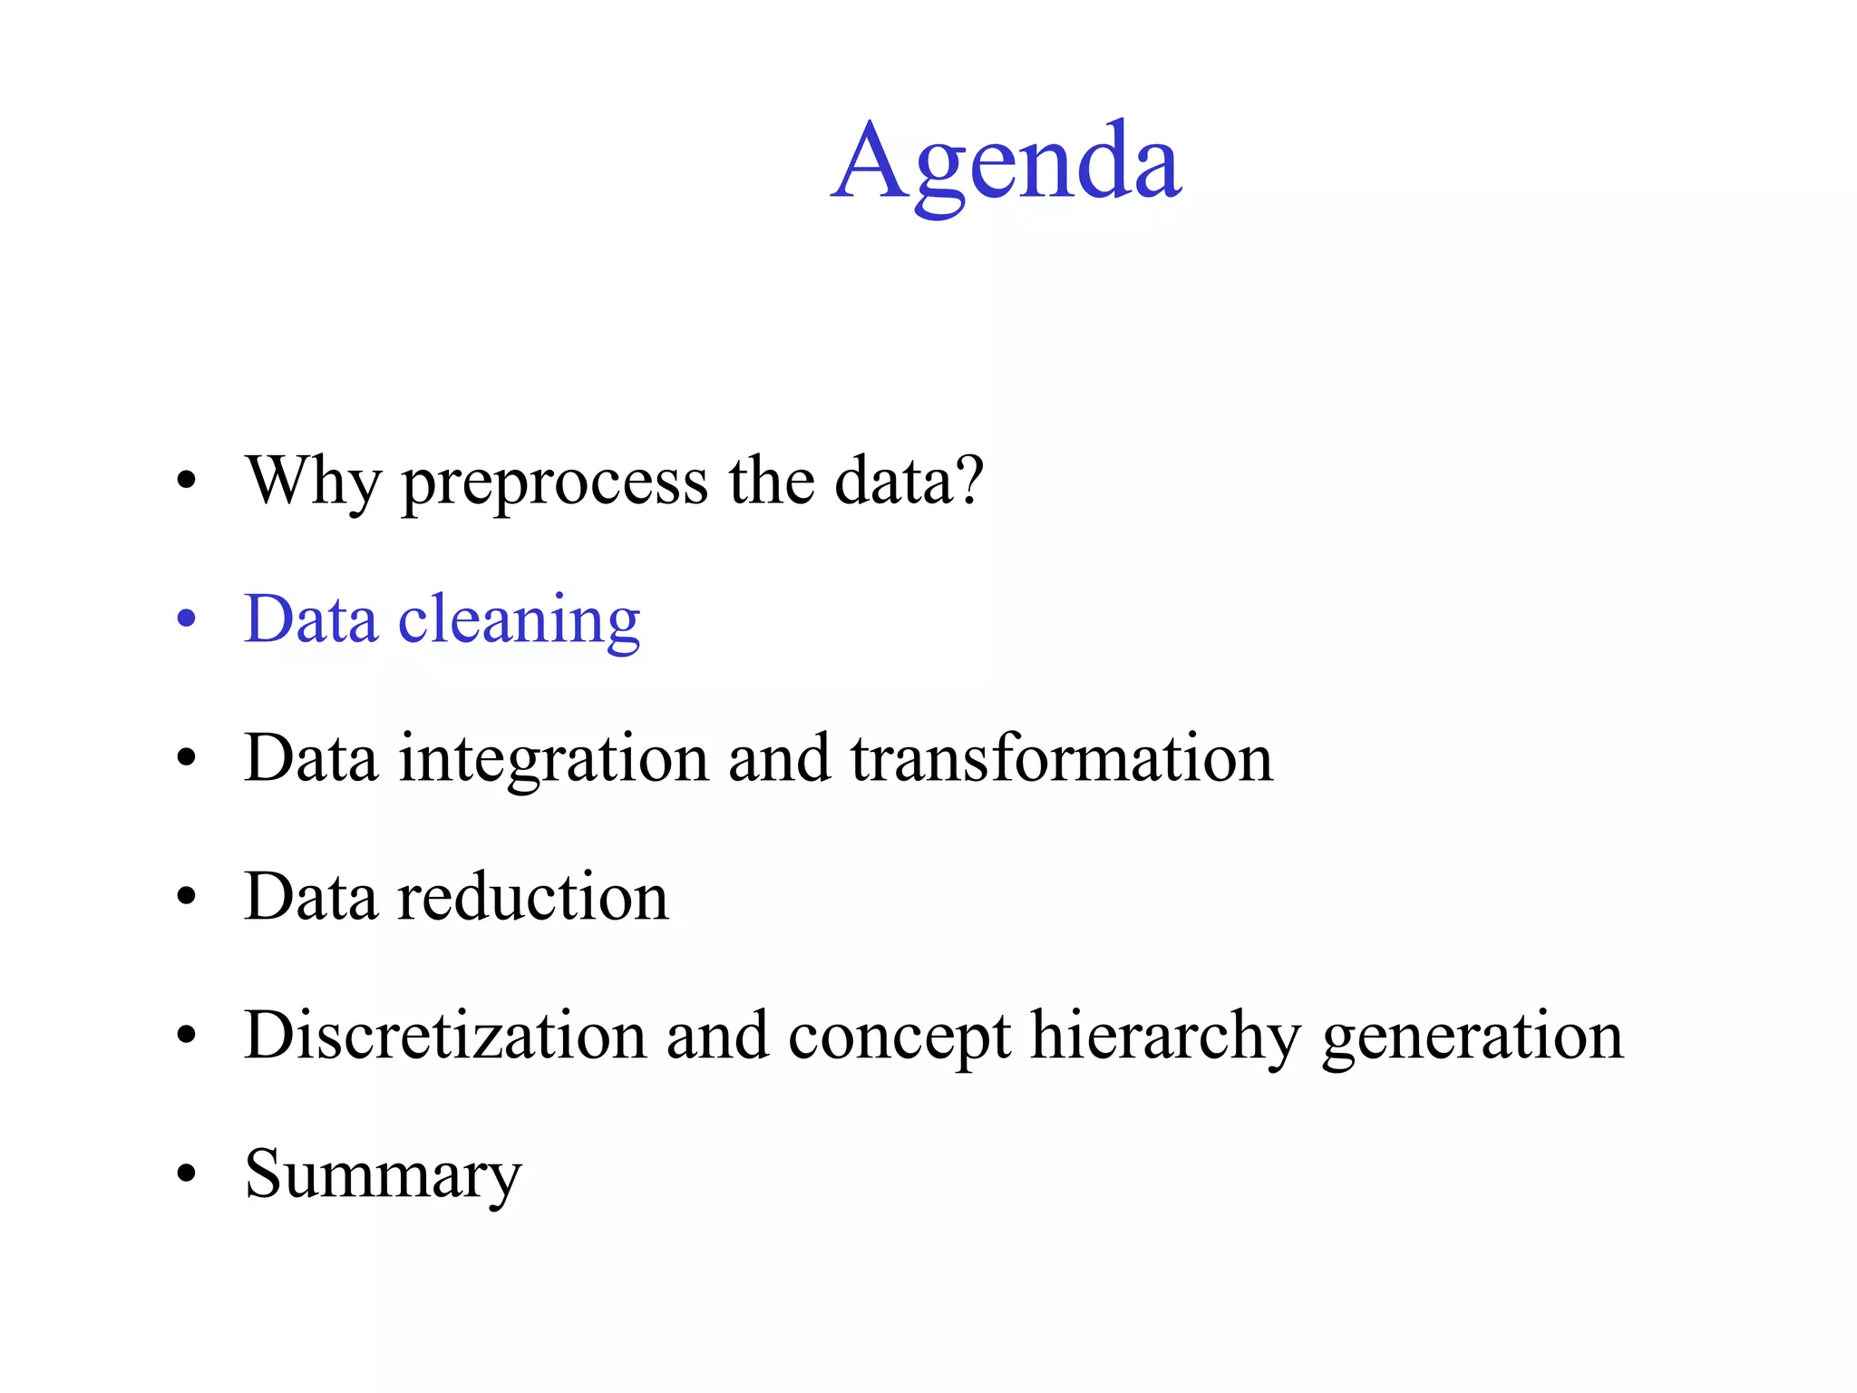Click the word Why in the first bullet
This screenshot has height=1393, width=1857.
tap(313, 482)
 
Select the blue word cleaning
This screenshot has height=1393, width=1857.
tap(520, 622)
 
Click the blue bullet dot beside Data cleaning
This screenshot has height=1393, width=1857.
tap(187, 619)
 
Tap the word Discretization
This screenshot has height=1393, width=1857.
tap(445, 1036)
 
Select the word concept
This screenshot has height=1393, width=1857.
tap(899, 1038)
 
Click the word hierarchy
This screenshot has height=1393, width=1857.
tap(1166, 1037)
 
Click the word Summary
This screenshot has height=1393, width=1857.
tap(384, 1176)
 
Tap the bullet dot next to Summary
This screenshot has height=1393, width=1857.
tap(187, 1174)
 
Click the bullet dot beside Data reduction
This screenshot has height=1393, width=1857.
tap(187, 897)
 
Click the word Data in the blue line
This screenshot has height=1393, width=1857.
tap(311, 620)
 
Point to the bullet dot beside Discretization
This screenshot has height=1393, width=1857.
tap(187, 1036)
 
